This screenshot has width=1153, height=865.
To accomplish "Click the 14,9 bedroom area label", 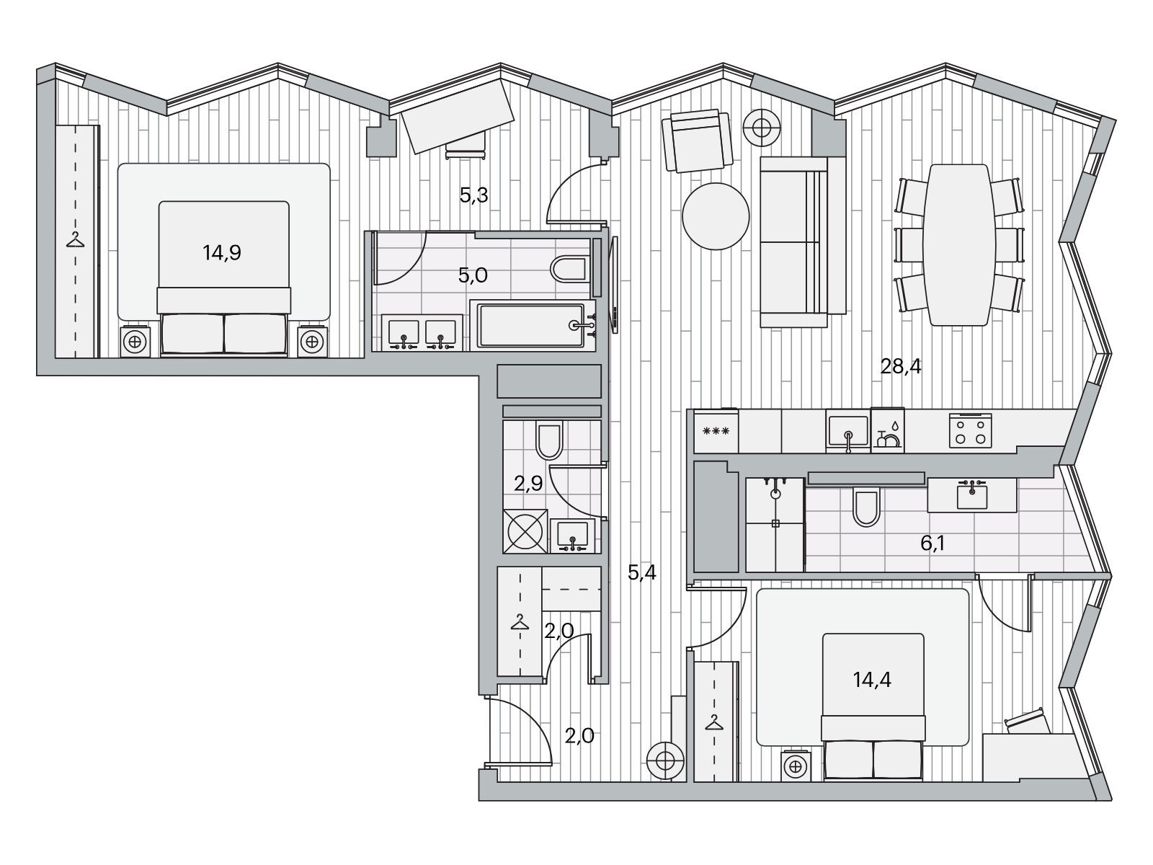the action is click(x=222, y=253).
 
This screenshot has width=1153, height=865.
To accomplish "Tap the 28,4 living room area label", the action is click(x=900, y=366).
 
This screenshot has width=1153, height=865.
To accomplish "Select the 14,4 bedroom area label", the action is click(x=872, y=680).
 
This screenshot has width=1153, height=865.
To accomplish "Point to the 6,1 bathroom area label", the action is click(x=933, y=543).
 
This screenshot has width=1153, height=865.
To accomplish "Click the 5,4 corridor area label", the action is click(x=642, y=572).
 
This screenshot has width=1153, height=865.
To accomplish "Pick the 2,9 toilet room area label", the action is click(x=528, y=483).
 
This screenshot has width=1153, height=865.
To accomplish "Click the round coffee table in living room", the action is click(x=716, y=216).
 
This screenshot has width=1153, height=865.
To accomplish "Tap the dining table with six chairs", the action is click(x=959, y=245).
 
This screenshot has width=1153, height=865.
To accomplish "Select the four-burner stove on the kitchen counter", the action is click(x=970, y=430).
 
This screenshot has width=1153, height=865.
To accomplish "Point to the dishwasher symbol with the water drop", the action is click(x=887, y=430).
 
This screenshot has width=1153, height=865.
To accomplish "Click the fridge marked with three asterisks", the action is click(x=716, y=431).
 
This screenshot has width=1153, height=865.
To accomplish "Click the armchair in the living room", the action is click(x=697, y=140).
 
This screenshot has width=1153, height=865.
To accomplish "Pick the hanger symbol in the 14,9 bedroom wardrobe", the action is click(x=76, y=239).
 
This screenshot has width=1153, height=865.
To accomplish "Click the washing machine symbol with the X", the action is click(x=525, y=531).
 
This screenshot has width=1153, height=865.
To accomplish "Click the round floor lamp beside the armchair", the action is click(x=762, y=128).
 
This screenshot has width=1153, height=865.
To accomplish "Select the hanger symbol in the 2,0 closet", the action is click(x=520, y=622).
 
